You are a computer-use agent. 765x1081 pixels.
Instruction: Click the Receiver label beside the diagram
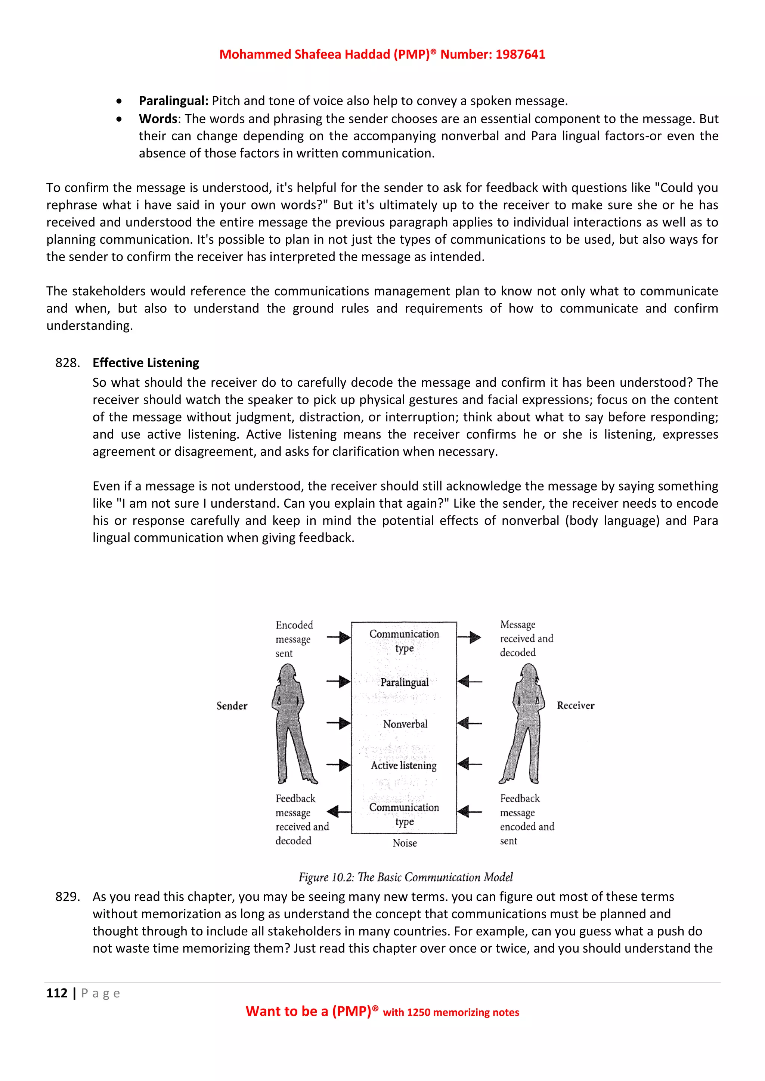coord(575,705)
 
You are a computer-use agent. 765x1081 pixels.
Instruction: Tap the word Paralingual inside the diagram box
coord(405,682)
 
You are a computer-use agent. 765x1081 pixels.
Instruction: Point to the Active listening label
coord(404,766)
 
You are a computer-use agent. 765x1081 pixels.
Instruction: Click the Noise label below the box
coord(405,843)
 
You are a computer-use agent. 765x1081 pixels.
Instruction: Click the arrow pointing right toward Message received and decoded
coord(469,638)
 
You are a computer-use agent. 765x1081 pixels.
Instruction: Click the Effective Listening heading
coord(146,362)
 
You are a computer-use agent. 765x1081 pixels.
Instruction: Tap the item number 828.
coord(67,362)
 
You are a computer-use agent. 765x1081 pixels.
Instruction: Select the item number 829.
coord(67,897)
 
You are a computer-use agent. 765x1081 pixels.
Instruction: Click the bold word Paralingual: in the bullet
coord(173,101)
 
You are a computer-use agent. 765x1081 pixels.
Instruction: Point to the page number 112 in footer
coord(57,993)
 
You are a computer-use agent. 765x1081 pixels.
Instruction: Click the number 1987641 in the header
coord(520,54)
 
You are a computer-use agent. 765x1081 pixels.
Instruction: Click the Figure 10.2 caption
coord(406,877)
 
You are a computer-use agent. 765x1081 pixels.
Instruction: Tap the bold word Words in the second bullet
coord(158,119)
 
